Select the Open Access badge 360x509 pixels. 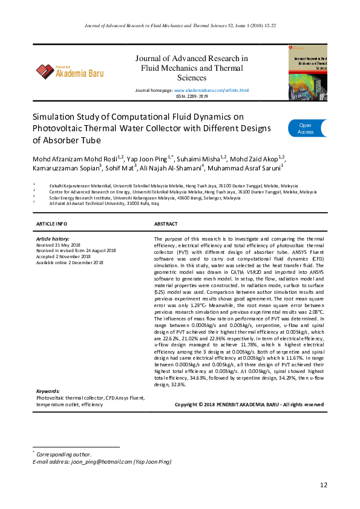coord(306,128)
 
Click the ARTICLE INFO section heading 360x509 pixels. coord(52,224)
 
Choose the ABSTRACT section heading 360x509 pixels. coord(166,224)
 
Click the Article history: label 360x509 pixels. coord(53,239)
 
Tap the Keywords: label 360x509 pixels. coord(48,392)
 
